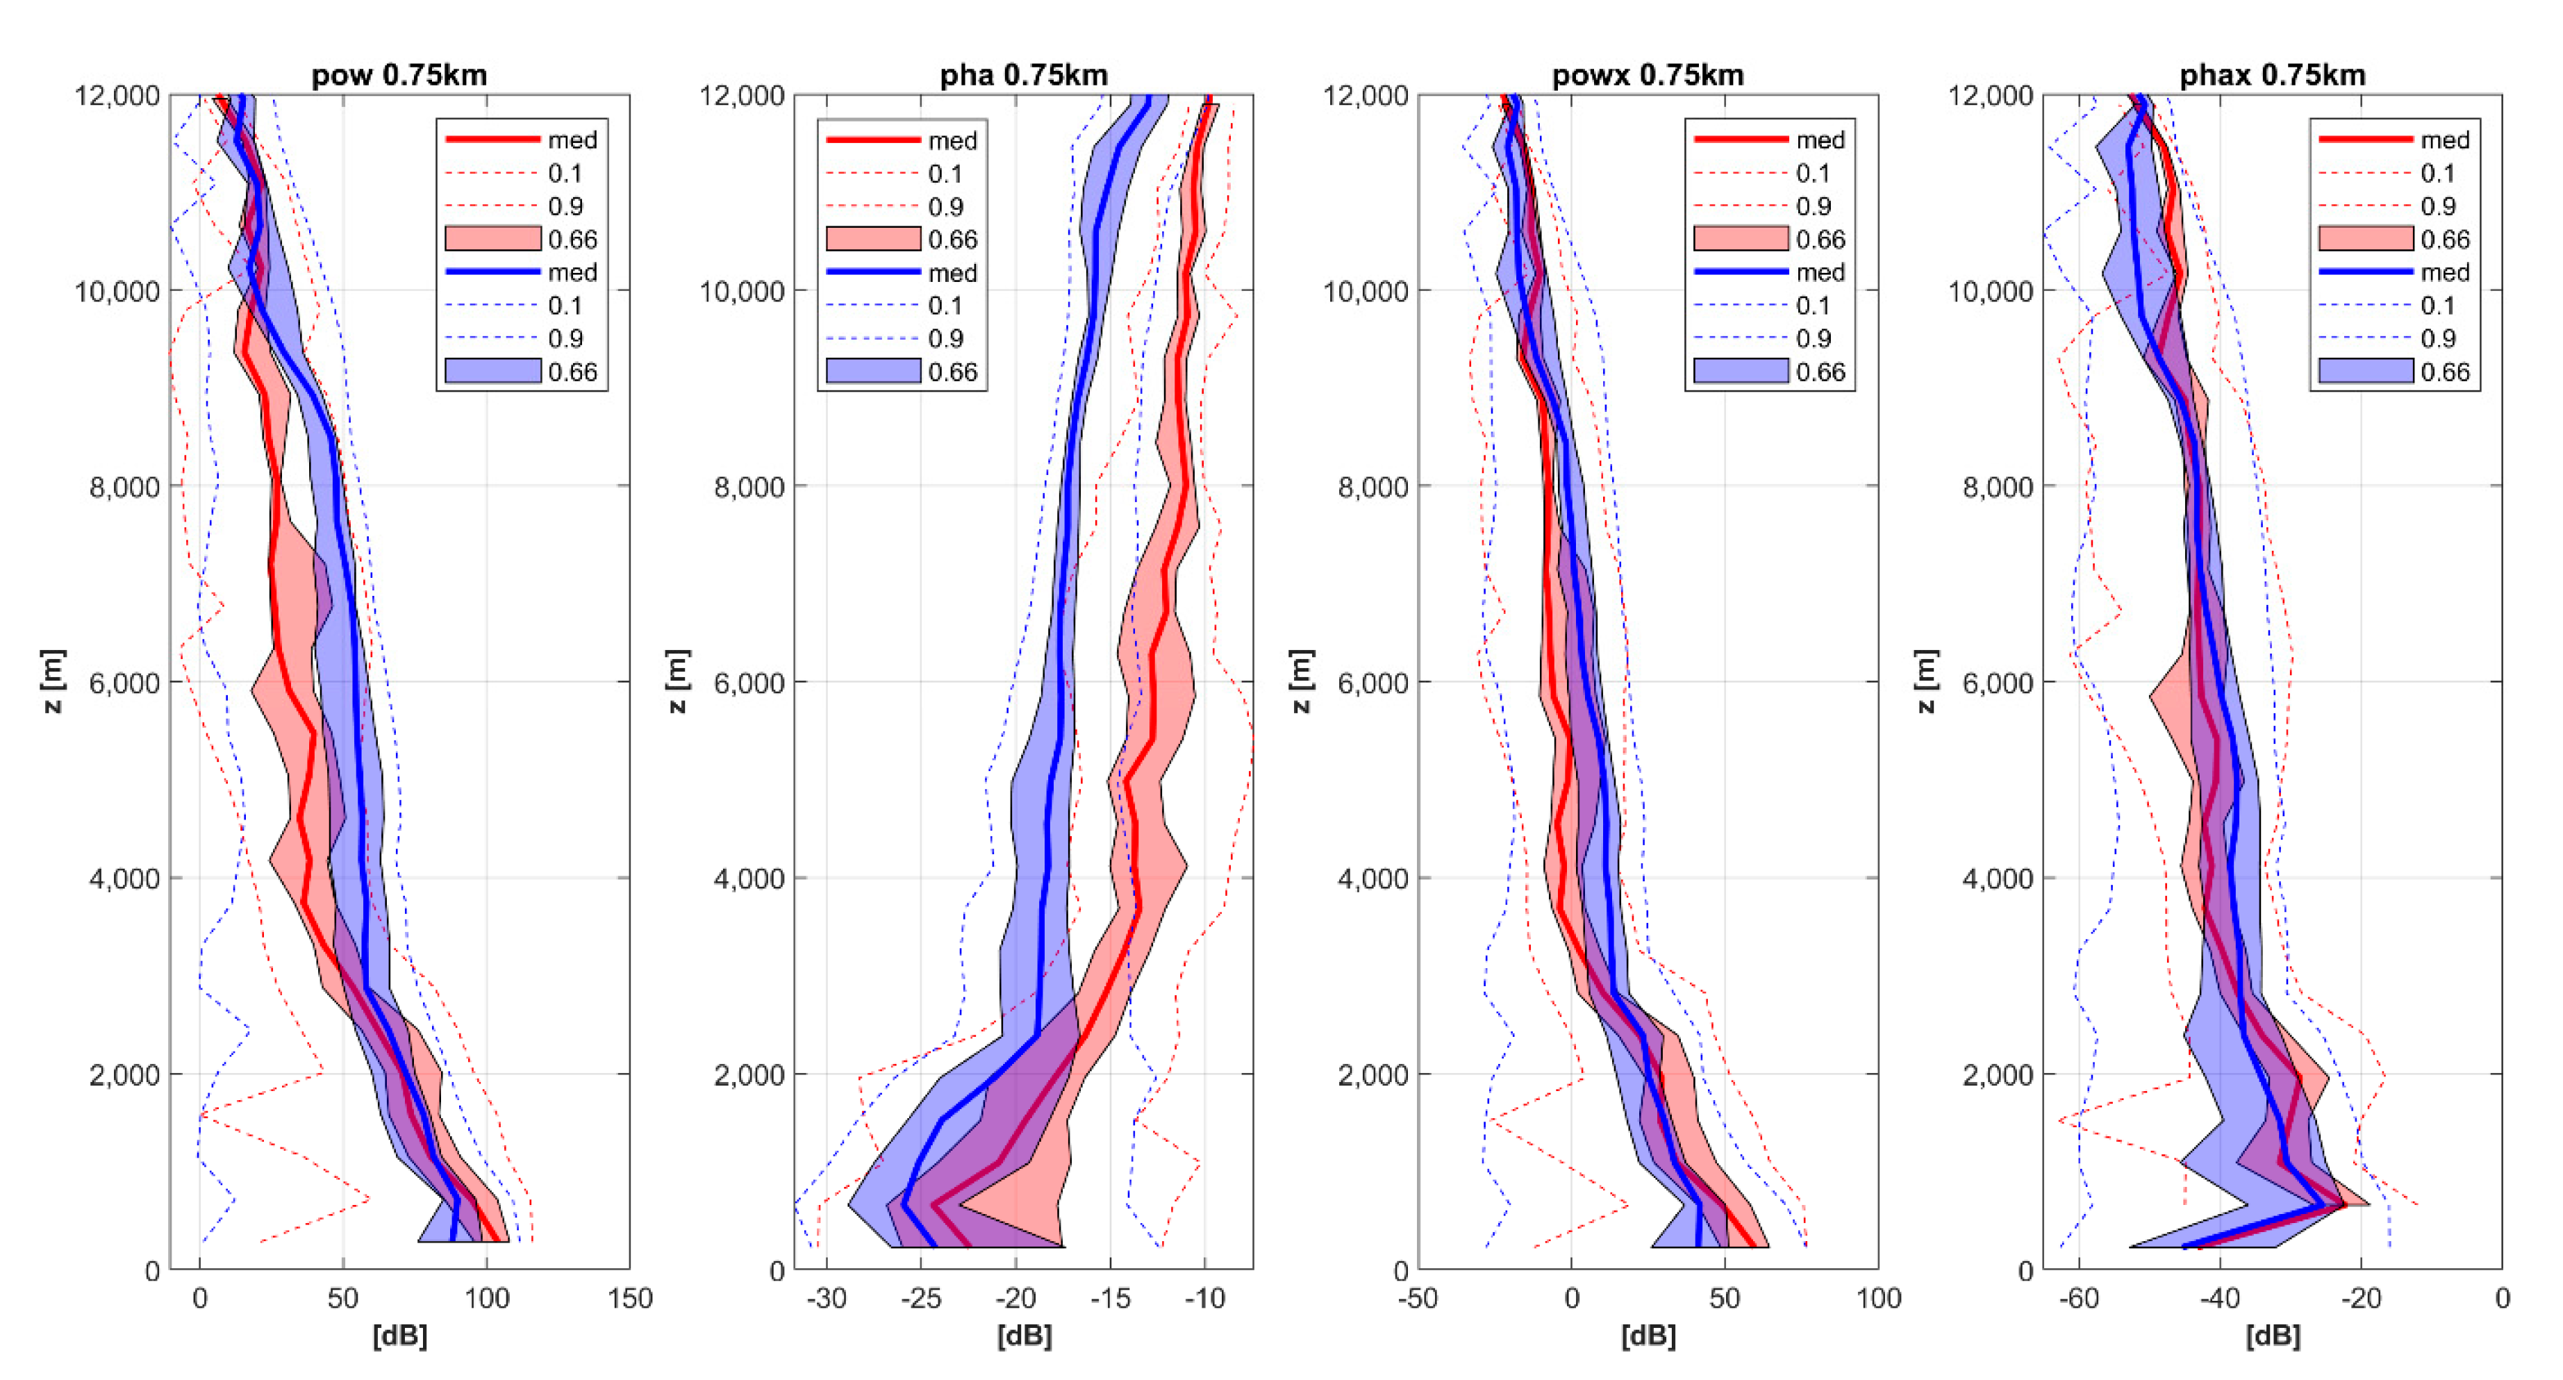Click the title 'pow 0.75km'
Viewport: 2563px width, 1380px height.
[399, 74]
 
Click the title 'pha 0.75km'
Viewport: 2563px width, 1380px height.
[1023, 74]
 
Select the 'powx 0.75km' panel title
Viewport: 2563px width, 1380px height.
[1648, 74]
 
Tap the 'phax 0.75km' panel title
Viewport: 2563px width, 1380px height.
[2273, 74]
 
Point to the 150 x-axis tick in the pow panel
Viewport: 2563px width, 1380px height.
[630, 1299]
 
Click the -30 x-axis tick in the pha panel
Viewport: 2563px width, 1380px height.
[826, 1299]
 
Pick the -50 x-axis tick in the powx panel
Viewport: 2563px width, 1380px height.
[1418, 1299]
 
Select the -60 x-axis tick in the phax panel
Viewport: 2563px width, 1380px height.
[2077, 1299]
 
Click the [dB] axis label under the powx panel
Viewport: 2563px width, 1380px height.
[1648, 1336]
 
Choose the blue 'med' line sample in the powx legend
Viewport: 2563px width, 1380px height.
[1740, 272]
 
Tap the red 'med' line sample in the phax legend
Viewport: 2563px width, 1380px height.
[2365, 140]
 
